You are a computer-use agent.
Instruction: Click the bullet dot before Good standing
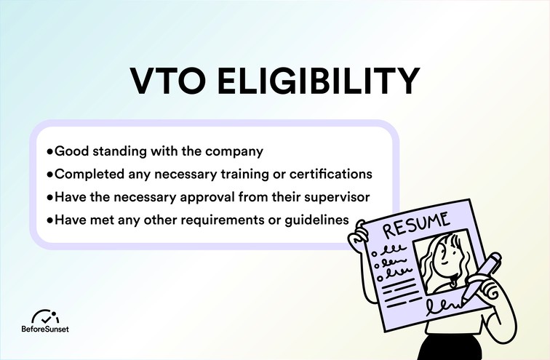coord(49,152)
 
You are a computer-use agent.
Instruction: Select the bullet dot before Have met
coord(49,219)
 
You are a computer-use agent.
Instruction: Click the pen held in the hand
coord(482,276)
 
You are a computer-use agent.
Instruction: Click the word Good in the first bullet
coord(68,152)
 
